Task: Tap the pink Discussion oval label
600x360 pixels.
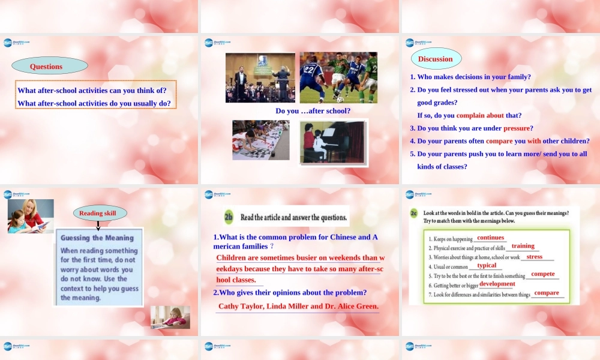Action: point(436,59)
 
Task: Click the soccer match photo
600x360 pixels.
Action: point(338,77)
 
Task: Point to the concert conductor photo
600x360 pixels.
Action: point(260,77)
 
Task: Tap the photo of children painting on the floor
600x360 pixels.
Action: point(261,140)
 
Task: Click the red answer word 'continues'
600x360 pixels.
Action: point(490,238)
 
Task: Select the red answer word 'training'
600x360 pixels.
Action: point(523,246)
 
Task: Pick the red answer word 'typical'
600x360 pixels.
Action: point(487,265)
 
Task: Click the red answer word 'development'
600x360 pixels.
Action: point(497,284)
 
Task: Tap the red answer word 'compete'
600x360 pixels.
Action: point(543,274)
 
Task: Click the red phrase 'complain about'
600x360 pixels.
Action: point(480,115)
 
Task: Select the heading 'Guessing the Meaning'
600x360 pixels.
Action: point(97,238)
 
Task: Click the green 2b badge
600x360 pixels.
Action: point(229,217)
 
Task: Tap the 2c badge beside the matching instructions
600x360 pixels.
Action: point(414,213)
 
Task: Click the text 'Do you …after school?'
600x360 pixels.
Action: point(313,111)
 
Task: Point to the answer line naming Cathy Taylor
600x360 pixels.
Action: point(298,306)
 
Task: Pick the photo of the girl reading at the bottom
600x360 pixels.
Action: point(170,317)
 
